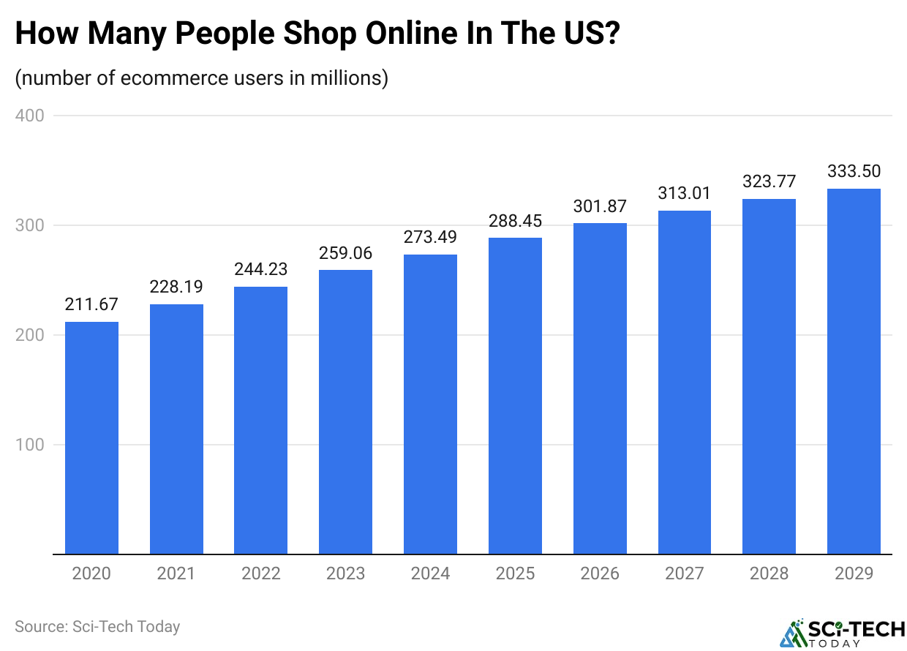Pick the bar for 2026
pos(600,388)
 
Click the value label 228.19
pos(176,286)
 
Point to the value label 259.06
pos(345,253)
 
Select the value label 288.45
pos(515,221)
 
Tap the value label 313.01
pos(685,194)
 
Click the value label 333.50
pos(854,171)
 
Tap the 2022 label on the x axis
pos(260,573)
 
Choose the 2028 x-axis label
pos(769,573)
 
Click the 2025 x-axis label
pos(515,573)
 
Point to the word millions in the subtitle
pos(347,78)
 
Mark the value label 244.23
pos(260,268)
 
